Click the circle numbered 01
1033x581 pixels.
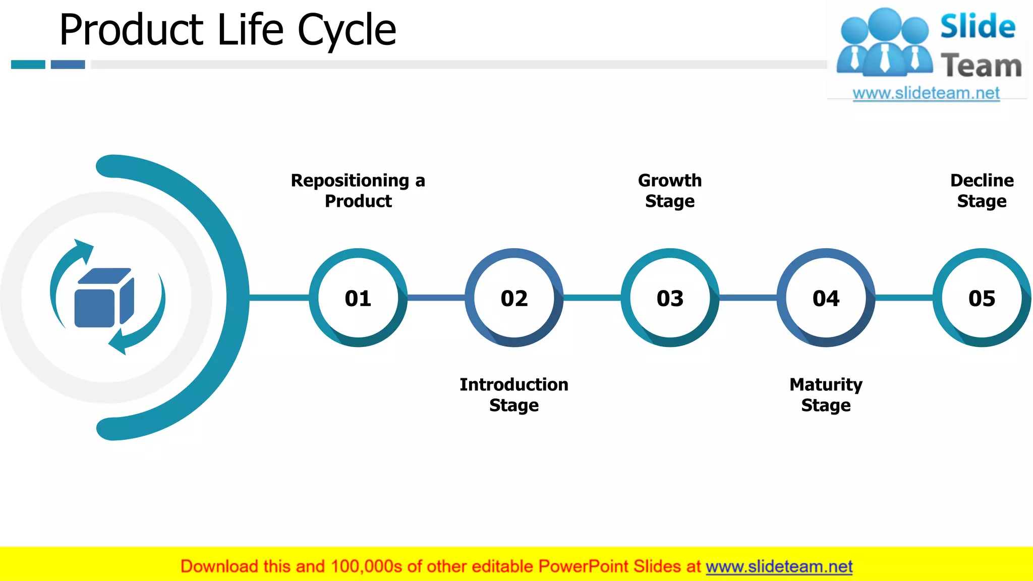coord(358,298)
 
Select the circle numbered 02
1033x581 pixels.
coord(514,298)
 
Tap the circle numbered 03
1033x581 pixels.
coord(670,298)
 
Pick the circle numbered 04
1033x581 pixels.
coord(826,298)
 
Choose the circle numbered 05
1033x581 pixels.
coord(982,298)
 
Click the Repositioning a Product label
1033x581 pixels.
coord(358,191)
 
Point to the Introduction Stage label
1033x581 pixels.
coord(514,395)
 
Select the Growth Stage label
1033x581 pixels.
coord(670,191)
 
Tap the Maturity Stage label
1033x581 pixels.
coord(826,395)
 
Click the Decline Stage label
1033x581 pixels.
coord(982,191)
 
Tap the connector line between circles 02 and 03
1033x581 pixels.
coord(592,298)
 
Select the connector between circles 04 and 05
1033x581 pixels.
coord(903,298)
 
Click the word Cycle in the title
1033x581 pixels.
coord(347,30)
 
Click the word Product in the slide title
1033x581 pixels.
coord(131,30)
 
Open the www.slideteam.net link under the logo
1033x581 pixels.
coord(926,93)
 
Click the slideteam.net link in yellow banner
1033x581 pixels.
coord(779,566)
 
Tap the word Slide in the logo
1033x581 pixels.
coord(978,27)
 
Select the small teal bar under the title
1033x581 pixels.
coord(28,65)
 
